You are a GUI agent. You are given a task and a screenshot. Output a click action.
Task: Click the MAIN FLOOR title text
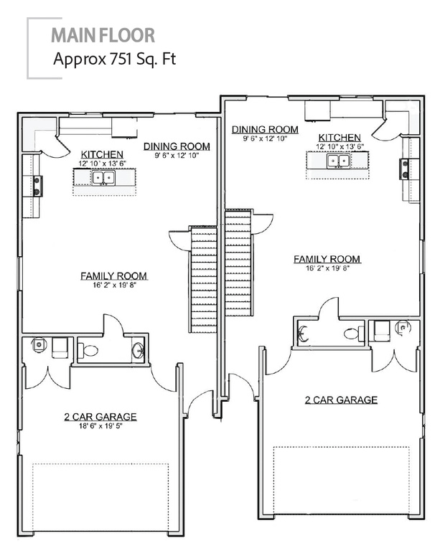tap(103, 34)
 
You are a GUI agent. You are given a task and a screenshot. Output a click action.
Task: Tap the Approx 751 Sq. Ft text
tap(113, 60)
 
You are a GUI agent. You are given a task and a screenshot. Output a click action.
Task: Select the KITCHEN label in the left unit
tap(102, 154)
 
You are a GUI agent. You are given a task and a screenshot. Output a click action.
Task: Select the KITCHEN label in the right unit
tap(340, 138)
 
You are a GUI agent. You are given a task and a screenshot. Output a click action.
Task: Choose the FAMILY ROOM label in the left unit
tap(114, 275)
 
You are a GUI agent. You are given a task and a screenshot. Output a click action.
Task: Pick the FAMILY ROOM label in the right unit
tap(327, 259)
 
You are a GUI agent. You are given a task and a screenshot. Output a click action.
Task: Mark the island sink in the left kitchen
tap(103, 178)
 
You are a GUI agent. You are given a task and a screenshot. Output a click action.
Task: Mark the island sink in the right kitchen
tap(338, 161)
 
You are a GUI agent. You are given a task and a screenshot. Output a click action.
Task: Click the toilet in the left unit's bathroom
tap(88, 351)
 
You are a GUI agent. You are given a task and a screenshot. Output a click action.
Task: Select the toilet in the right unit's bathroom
tap(352, 332)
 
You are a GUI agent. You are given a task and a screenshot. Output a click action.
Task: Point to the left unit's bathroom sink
tap(137, 351)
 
